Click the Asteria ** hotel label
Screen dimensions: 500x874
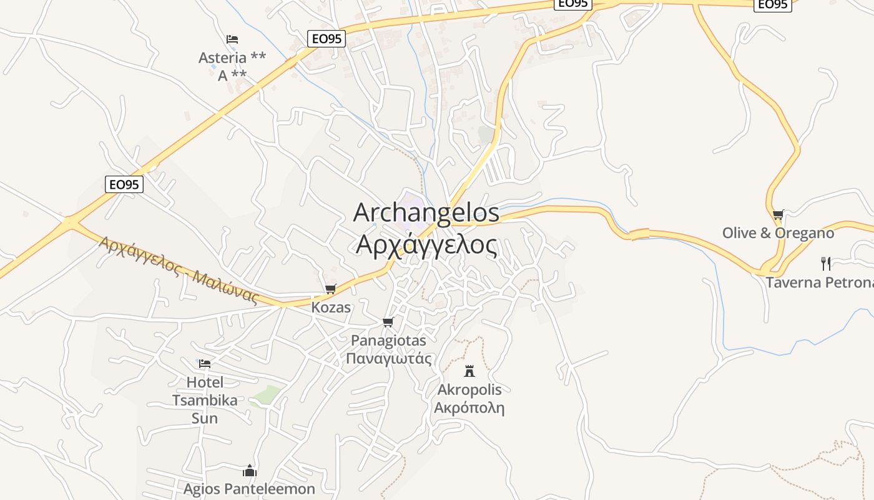232,58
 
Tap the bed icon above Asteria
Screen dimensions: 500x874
232,39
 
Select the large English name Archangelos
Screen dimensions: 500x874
426,212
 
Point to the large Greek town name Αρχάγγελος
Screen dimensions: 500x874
427,245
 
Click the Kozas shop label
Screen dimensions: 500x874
331,307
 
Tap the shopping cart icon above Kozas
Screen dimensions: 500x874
331,289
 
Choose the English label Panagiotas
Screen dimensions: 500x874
388,341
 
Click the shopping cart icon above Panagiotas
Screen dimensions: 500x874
388,322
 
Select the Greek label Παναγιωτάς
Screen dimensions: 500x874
388,359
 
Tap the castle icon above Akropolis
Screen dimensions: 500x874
469,371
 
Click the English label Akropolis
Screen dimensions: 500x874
469,390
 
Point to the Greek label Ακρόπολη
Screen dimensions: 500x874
469,408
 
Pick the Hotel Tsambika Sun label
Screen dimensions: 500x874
205,400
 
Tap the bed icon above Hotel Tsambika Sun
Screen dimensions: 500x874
205,364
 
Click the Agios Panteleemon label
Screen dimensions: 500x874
249,489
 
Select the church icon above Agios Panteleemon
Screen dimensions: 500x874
250,471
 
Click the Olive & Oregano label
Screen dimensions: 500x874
778,233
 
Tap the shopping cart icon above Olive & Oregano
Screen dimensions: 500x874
778,215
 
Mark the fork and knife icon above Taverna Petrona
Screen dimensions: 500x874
826,263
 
